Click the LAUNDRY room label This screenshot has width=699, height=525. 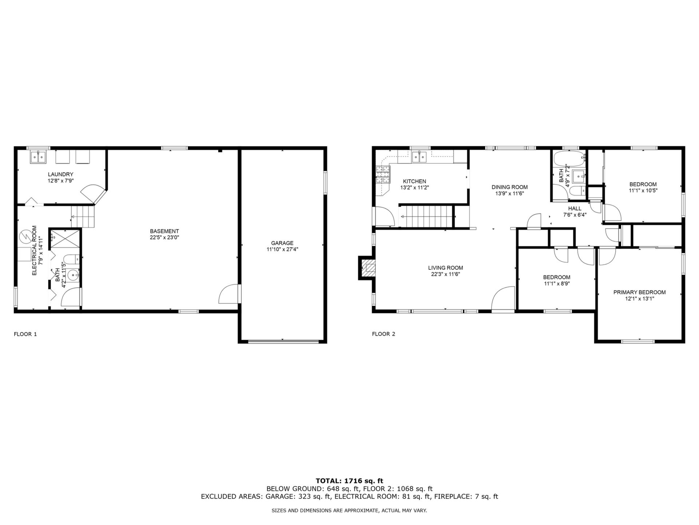[x=60, y=174]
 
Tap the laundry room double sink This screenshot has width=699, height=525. [x=38, y=157]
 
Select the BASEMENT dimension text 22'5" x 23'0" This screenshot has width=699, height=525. [x=165, y=237]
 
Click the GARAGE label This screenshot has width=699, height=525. [x=282, y=243]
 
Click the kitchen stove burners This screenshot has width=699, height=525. [x=383, y=174]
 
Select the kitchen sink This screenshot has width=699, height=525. [x=419, y=157]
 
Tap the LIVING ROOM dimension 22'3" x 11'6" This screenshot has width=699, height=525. [x=446, y=274]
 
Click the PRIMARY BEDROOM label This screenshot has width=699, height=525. [x=640, y=292]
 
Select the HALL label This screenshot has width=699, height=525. [x=575, y=209]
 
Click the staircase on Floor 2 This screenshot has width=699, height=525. [x=426, y=217]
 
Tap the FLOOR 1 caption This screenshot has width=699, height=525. [x=25, y=334]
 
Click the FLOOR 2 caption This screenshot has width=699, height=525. [x=384, y=334]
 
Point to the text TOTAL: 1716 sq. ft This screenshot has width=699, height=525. [x=349, y=481]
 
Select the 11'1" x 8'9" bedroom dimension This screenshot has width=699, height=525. [x=557, y=283]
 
